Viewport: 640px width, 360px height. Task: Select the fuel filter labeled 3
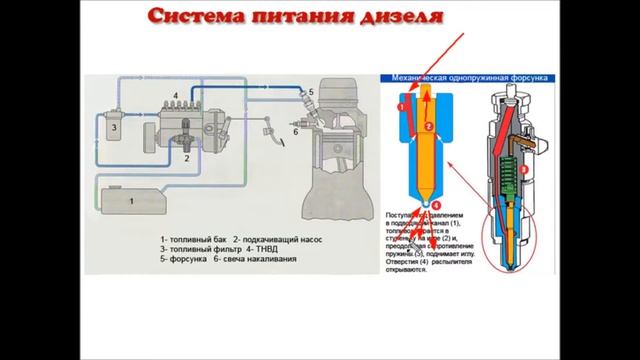[116, 128]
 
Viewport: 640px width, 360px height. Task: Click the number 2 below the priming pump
[186, 158]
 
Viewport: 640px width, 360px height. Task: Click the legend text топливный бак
[199, 241]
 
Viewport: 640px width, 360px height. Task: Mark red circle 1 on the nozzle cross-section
[401, 104]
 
